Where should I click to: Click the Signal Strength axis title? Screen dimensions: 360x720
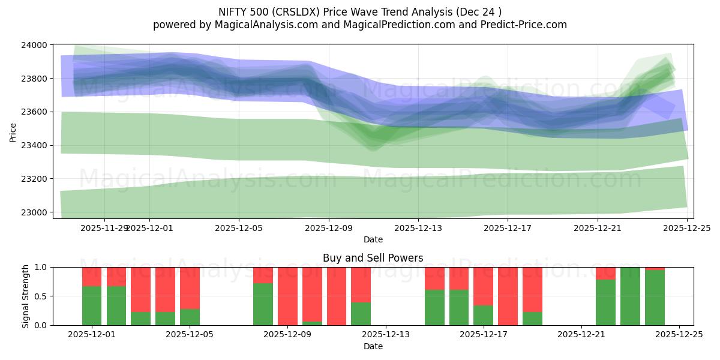(x=25, y=296)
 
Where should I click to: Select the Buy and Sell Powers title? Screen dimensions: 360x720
(x=373, y=258)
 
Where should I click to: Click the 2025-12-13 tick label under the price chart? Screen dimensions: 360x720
(x=418, y=228)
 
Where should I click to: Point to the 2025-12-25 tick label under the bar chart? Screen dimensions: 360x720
(x=679, y=335)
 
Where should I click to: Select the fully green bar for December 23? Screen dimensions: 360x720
(x=630, y=296)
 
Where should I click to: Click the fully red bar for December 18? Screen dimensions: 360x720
(x=508, y=296)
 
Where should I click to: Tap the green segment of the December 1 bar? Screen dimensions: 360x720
(x=92, y=306)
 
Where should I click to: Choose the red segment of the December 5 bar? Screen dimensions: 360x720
(x=190, y=288)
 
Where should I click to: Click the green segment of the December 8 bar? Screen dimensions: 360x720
(x=263, y=304)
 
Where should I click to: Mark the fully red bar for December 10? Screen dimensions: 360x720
(x=337, y=296)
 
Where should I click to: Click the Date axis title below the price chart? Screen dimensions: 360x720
(x=373, y=239)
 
